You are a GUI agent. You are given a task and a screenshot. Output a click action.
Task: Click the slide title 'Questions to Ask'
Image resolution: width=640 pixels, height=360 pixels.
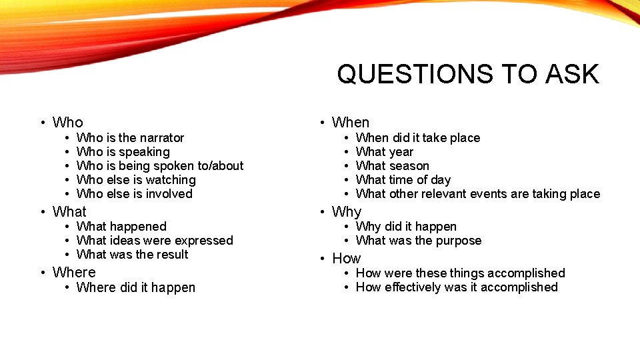pyautogui.click(x=467, y=74)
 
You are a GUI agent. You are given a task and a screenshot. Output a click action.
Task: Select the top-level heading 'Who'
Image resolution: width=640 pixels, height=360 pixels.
pyautogui.click(x=67, y=123)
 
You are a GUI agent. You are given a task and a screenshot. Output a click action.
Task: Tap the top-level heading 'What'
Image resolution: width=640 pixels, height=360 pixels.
pyautogui.click(x=69, y=212)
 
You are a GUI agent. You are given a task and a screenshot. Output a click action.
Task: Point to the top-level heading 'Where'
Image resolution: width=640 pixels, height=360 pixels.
pyautogui.click(x=74, y=273)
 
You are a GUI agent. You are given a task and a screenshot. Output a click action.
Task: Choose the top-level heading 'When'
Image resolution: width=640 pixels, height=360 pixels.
pyautogui.click(x=351, y=123)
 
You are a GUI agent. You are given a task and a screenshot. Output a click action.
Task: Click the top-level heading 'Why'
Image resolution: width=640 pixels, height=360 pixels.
pyautogui.click(x=347, y=212)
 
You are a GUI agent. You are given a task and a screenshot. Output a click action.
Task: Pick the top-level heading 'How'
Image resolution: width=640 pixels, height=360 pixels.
pyautogui.click(x=347, y=259)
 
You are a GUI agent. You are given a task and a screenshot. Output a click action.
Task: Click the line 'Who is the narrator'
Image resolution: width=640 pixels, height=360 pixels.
pyautogui.click(x=130, y=138)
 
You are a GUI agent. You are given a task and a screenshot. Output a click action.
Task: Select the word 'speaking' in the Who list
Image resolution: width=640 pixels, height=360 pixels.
pyautogui.click(x=144, y=152)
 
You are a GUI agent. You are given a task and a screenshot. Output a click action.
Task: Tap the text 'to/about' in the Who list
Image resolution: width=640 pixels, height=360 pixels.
pyautogui.click(x=219, y=166)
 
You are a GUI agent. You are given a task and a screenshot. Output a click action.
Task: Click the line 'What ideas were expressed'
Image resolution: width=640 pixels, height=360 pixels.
pyautogui.click(x=155, y=241)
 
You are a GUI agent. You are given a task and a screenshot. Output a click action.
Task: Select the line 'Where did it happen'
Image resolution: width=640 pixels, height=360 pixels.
pyautogui.click(x=136, y=288)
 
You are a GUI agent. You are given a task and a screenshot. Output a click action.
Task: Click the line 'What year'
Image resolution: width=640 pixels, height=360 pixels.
pyautogui.click(x=385, y=152)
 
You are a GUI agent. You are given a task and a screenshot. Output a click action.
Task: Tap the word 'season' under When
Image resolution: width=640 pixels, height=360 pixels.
pyautogui.click(x=409, y=166)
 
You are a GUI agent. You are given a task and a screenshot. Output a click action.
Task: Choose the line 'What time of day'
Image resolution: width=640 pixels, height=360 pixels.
pyautogui.click(x=403, y=180)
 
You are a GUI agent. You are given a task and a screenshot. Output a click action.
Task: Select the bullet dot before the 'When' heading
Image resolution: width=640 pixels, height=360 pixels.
pyautogui.click(x=321, y=123)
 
